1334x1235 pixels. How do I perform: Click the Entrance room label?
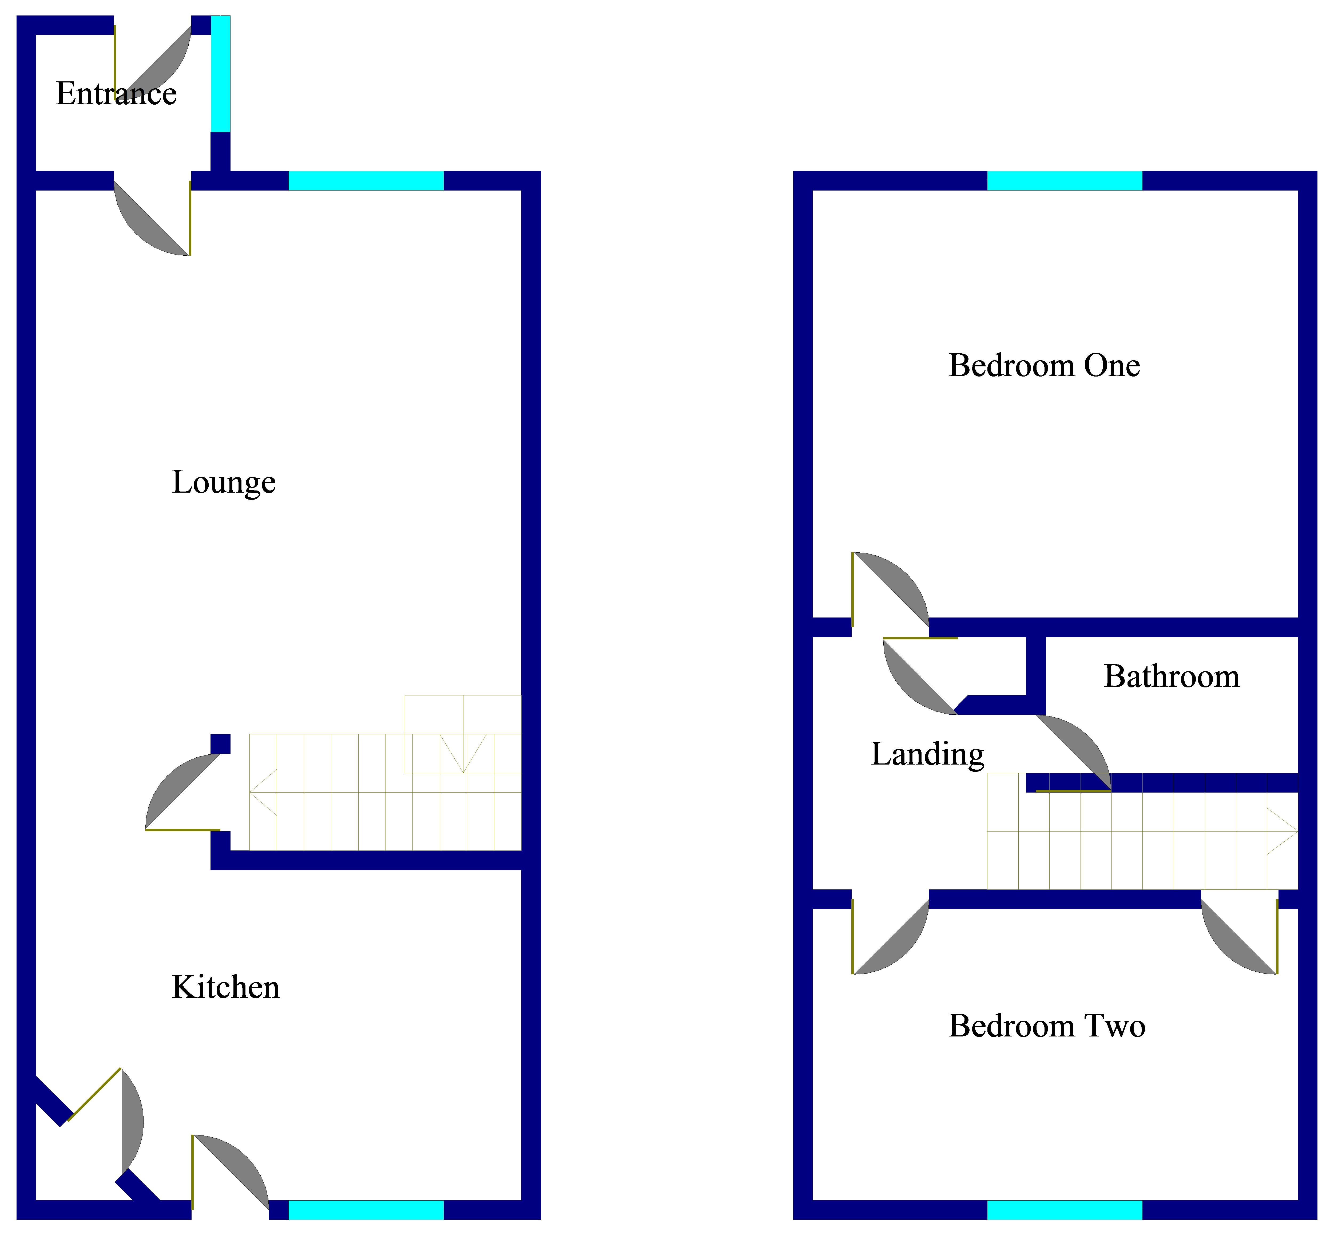click(116, 94)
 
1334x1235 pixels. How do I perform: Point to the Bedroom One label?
click(1044, 366)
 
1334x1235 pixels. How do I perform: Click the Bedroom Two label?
click(1047, 1026)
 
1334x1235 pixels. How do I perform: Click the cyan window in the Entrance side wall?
click(220, 73)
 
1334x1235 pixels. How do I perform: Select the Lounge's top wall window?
click(366, 180)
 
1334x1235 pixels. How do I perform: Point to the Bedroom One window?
click(1064, 180)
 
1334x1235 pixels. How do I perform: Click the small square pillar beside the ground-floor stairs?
click(220, 744)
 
